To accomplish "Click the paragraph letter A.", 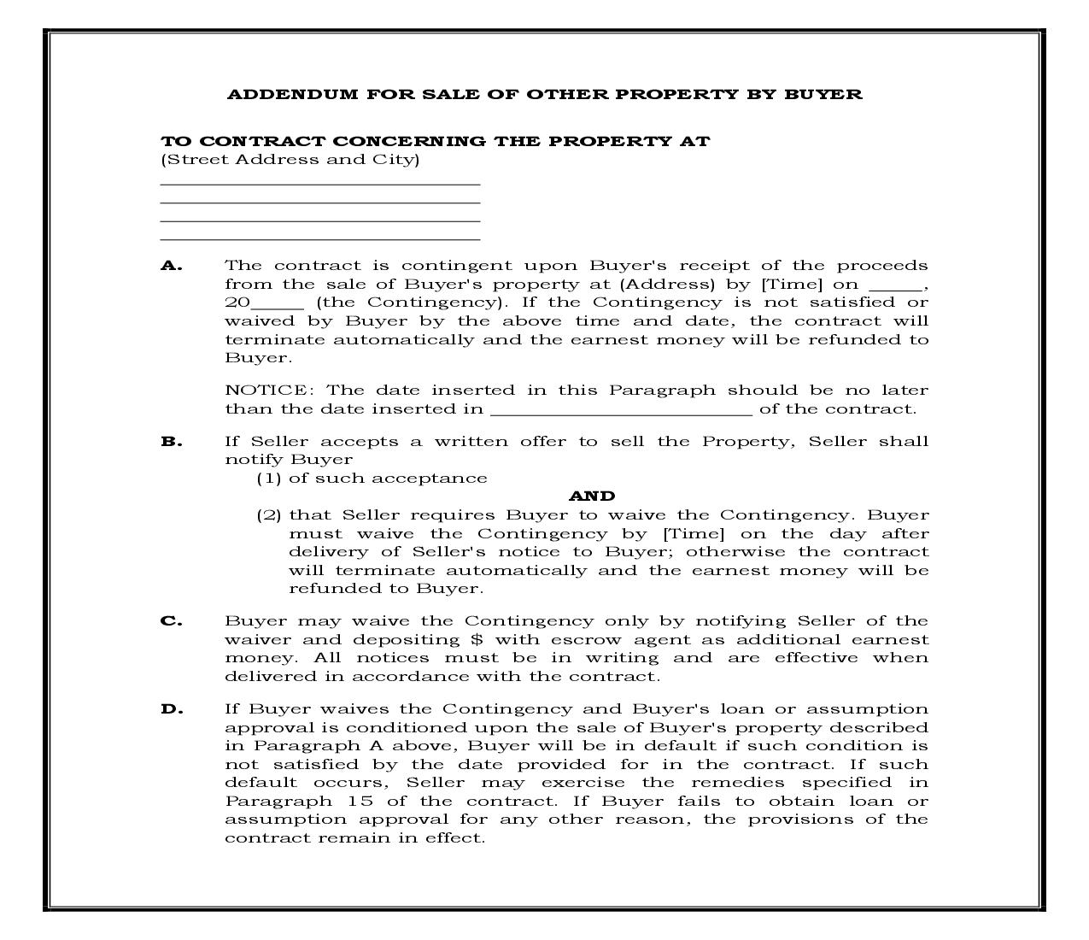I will tap(171, 266).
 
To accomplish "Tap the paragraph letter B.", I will tap(171, 442).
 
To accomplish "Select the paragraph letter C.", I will tap(171, 621).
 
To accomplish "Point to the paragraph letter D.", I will tap(172, 709).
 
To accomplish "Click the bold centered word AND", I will tap(592, 496).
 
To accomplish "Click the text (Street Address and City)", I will tap(290, 160).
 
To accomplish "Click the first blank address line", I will tap(320, 184).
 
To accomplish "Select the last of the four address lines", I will tap(320, 240).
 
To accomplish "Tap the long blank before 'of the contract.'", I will tap(621, 413).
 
